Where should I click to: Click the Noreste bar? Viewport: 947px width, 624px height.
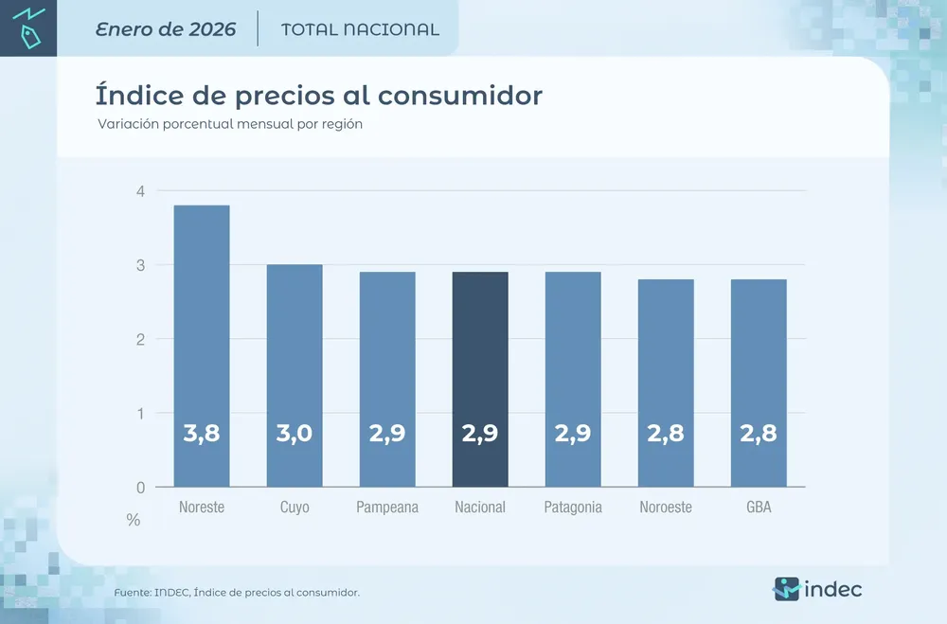tap(202, 346)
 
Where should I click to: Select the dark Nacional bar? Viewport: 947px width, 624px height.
tap(480, 379)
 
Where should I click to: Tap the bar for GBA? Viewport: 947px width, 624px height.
tap(759, 383)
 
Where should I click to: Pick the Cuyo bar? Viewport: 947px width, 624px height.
tap(295, 375)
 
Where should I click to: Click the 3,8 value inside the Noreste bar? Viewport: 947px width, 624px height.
tap(202, 434)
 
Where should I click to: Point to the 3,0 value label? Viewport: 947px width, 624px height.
tap(295, 434)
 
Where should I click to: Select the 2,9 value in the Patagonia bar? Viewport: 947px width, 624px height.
tap(573, 434)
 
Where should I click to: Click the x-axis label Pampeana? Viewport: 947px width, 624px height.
tap(387, 508)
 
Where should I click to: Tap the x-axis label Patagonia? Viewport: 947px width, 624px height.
tap(573, 508)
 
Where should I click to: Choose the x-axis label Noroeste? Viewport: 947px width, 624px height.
tap(666, 508)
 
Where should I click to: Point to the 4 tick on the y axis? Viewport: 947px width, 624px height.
tap(140, 191)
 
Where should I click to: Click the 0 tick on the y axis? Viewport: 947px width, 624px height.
tap(140, 488)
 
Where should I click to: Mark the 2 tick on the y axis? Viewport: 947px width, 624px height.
tap(140, 339)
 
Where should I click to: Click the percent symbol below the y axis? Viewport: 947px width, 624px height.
tap(134, 520)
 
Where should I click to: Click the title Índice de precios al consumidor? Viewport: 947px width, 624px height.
tap(318, 96)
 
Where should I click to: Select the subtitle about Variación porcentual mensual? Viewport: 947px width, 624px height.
tap(230, 124)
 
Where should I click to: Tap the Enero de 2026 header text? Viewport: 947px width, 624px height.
tap(166, 29)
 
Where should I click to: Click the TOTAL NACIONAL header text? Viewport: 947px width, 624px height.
tap(360, 29)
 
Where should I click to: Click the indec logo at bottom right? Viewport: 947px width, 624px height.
tap(817, 589)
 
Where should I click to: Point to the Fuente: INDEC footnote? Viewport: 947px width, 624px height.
tap(237, 593)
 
